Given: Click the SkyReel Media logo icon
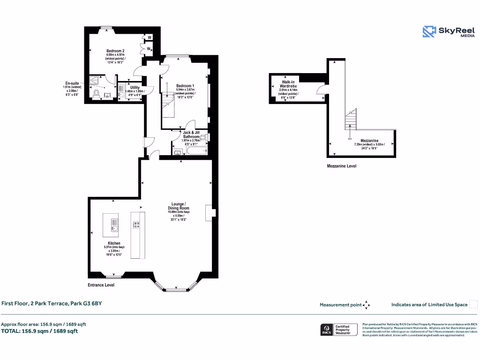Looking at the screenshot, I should pos(429,31).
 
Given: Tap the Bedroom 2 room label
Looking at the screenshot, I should pos(115,51).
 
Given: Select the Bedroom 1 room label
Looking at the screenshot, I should pos(185,86).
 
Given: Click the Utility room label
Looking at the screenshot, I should pos(135,87).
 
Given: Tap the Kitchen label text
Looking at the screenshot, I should pos(114,243).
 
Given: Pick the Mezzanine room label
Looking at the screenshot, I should pos(369,140).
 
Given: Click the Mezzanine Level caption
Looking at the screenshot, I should pos(341,166).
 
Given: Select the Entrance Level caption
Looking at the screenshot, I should pos(101,285).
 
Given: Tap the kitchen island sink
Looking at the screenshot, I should pos(113,228).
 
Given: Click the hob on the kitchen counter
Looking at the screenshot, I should pos(137,224).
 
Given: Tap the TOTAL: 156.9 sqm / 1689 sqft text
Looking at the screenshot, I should pos(39,331).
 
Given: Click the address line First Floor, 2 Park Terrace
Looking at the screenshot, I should pos(51,303).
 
